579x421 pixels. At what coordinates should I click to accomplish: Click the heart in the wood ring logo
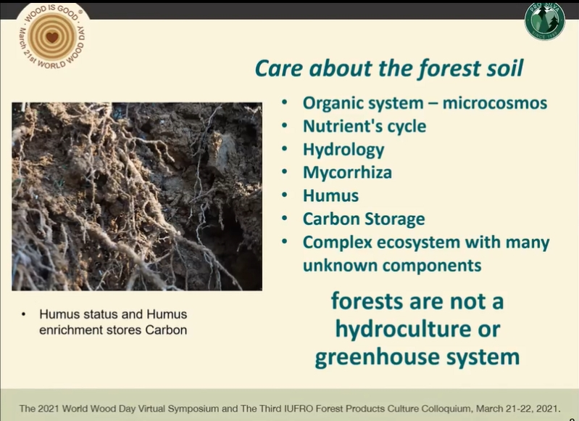(x=52, y=37)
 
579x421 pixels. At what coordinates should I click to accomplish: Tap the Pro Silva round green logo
(x=545, y=21)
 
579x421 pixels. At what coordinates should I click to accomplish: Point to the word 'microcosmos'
(x=495, y=103)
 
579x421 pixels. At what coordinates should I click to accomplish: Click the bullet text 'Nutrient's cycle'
(x=365, y=126)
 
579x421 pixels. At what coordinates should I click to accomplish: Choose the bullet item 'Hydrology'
(x=343, y=150)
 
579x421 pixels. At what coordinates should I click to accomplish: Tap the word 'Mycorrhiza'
(x=347, y=173)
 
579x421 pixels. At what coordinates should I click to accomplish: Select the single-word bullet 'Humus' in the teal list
(x=330, y=196)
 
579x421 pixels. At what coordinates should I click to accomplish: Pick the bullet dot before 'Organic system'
(x=284, y=102)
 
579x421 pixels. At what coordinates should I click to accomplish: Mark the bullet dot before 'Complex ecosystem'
(x=284, y=242)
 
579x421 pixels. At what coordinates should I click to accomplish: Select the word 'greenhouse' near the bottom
(x=378, y=357)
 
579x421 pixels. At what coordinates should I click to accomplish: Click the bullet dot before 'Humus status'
(x=24, y=314)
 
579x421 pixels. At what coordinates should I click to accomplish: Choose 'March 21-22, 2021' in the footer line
(x=517, y=409)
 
